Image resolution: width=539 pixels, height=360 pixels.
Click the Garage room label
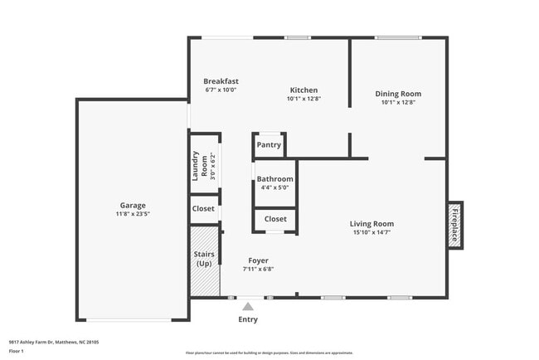[x=133, y=205]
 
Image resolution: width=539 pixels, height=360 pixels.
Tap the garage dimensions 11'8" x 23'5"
[x=133, y=213]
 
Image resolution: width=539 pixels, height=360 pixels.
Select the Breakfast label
[x=221, y=81]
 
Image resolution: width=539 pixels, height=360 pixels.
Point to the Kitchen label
[x=303, y=90]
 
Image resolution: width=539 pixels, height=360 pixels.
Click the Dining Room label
[x=398, y=94]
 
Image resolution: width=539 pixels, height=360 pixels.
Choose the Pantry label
[x=269, y=145]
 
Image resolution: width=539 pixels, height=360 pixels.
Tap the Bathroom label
[x=274, y=178]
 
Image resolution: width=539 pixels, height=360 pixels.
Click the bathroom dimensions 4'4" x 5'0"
[x=274, y=187]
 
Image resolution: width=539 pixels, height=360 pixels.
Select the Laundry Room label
[x=199, y=166]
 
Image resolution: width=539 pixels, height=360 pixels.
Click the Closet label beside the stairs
[x=203, y=209]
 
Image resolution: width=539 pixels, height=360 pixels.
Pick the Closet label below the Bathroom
[x=275, y=219]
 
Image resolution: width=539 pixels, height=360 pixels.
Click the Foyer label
[x=258, y=260]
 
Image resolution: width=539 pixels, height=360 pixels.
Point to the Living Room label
[x=371, y=223]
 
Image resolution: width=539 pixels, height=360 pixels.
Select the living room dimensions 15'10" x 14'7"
[x=371, y=232]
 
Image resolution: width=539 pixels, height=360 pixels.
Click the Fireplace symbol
[x=455, y=224]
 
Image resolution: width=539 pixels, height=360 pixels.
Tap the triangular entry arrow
[x=248, y=306]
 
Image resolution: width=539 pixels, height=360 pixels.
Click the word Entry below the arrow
[x=248, y=319]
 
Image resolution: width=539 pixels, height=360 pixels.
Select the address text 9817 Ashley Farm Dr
[x=41, y=341]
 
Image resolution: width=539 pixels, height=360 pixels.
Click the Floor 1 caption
[x=17, y=351]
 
